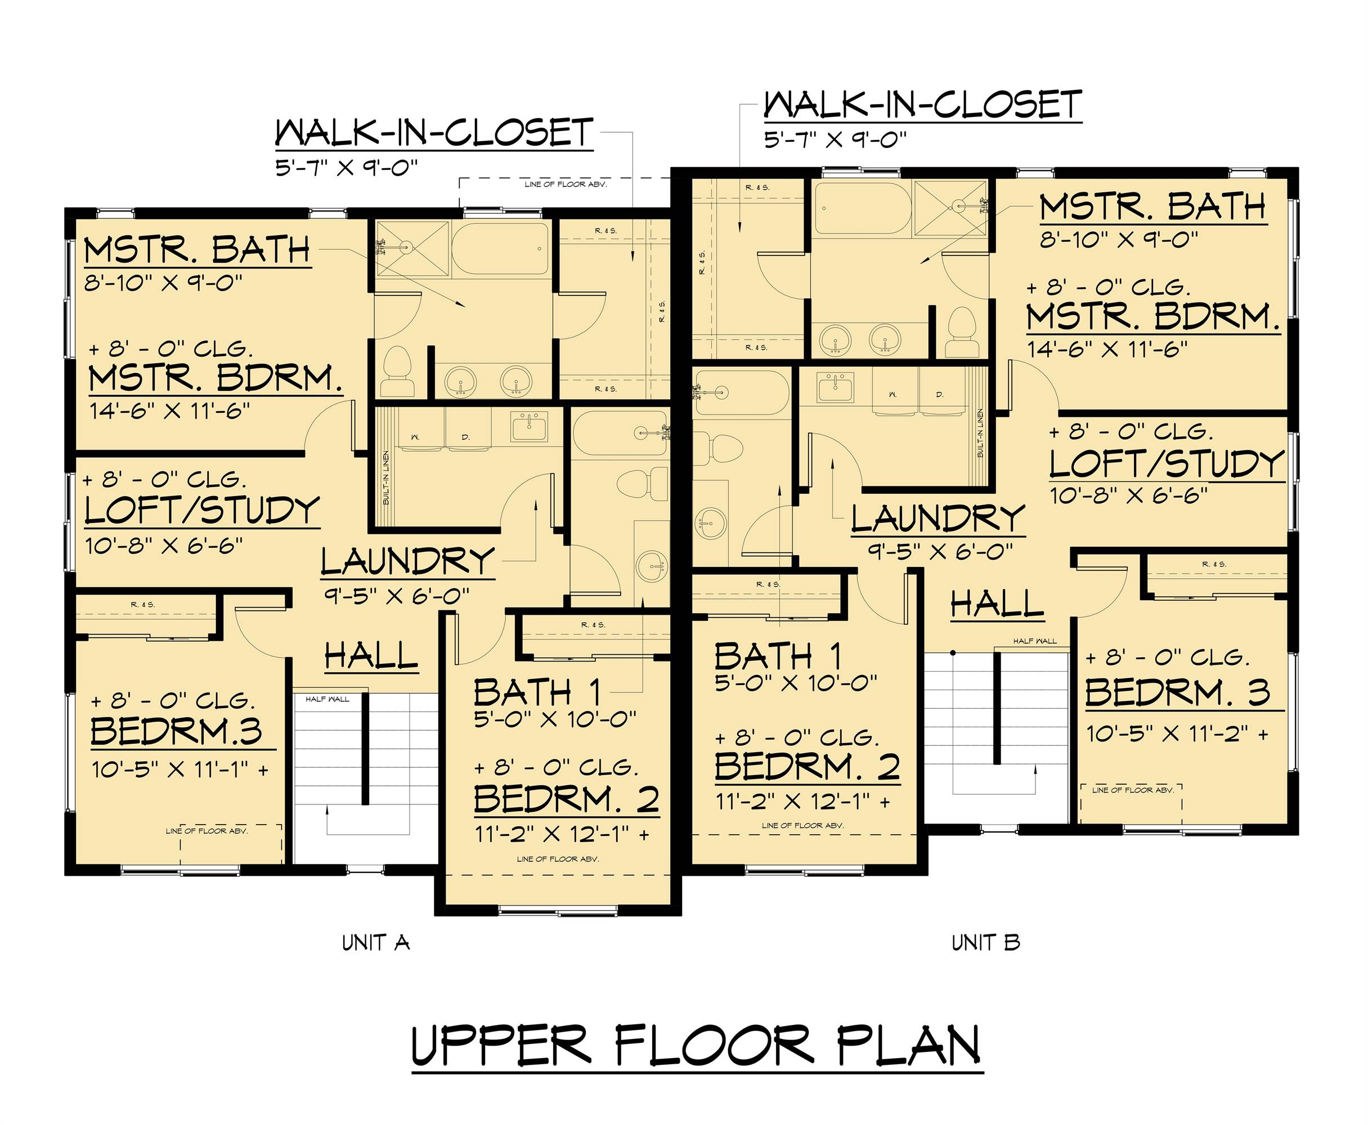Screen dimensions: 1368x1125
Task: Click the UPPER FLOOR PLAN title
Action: pyautogui.click(x=697, y=1044)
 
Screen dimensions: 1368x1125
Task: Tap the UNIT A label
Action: pyautogui.click(x=376, y=942)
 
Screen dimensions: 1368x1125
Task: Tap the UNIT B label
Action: pyautogui.click(x=985, y=942)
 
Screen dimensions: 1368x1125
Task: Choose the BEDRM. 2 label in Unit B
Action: pyautogui.click(x=807, y=767)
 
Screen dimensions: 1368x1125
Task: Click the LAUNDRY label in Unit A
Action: pyautogui.click(x=408, y=561)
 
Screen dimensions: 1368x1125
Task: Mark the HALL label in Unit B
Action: pyautogui.click(x=997, y=604)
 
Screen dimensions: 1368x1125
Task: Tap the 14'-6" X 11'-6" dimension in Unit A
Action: pyautogui.click(x=169, y=410)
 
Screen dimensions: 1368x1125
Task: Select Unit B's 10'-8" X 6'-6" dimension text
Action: pyautogui.click(x=1129, y=496)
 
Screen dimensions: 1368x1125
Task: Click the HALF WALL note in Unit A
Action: pyautogui.click(x=328, y=699)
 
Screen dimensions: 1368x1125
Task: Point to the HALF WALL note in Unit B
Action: pyautogui.click(x=1035, y=641)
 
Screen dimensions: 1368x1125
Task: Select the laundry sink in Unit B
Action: pyautogui.click(x=835, y=388)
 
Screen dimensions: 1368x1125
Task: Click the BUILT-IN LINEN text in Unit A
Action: pyautogui.click(x=386, y=478)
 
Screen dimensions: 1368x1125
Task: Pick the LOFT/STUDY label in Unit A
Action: pyautogui.click(x=201, y=511)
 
